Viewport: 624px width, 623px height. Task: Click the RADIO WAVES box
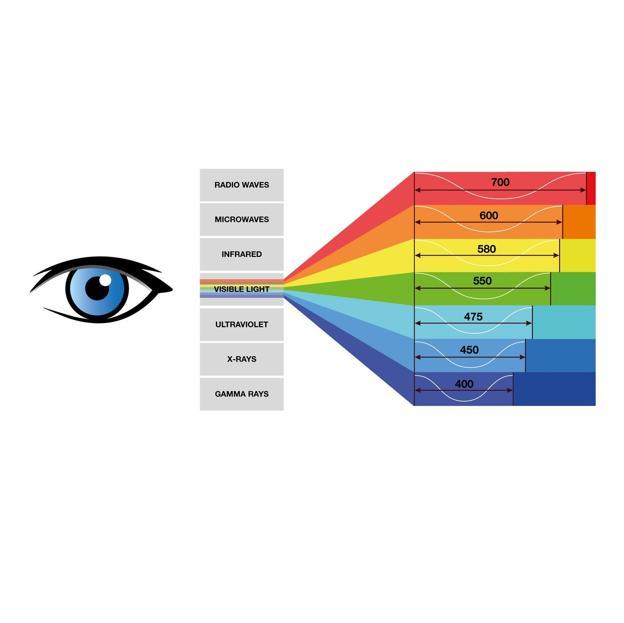click(x=241, y=185)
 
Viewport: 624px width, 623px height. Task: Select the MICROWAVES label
click(x=241, y=219)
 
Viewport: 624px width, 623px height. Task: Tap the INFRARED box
click(x=241, y=254)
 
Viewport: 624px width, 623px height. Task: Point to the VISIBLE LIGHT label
click(x=241, y=289)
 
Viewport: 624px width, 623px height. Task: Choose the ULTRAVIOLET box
click(x=241, y=324)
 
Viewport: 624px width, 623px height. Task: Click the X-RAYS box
click(x=241, y=359)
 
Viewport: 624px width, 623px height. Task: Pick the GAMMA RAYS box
click(x=241, y=394)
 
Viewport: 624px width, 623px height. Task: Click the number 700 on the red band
click(x=500, y=182)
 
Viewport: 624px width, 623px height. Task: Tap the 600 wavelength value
click(x=488, y=215)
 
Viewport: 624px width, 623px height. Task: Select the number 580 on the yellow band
click(x=486, y=249)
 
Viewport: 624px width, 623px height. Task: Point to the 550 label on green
click(x=482, y=281)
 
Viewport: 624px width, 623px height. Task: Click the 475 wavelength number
click(x=473, y=316)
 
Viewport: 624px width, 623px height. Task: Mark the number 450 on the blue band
click(x=469, y=350)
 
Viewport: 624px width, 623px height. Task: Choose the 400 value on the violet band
click(x=464, y=383)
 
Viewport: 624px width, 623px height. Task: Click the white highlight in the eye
click(x=105, y=280)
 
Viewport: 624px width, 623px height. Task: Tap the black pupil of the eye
click(x=97, y=288)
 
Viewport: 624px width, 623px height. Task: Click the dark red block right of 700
click(x=591, y=188)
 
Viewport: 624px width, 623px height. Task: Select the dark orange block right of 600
click(x=579, y=222)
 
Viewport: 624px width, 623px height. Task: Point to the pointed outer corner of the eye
click(x=172, y=288)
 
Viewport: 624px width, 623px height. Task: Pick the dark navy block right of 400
click(x=554, y=389)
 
